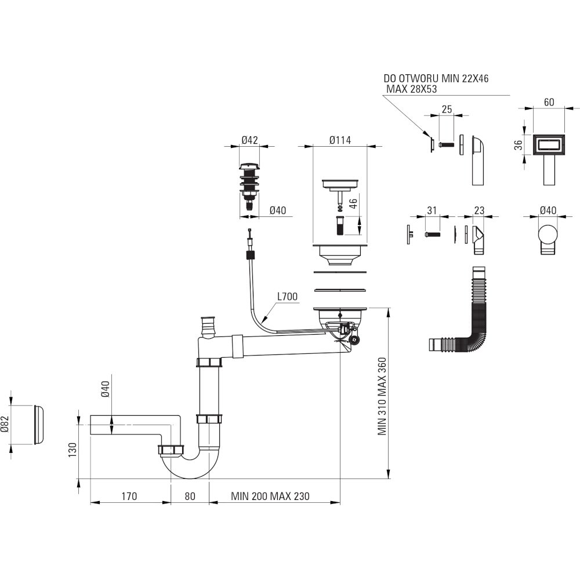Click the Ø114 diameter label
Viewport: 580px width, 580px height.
click(x=340, y=140)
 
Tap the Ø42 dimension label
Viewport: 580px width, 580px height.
click(x=249, y=140)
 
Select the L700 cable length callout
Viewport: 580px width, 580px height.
click(x=288, y=296)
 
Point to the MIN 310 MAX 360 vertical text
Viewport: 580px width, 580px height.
click(x=382, y=396)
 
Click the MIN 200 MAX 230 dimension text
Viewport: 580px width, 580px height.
click(x=270, y=496)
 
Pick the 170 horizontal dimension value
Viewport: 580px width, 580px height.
click(x=129, y=496)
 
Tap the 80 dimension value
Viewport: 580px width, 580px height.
click(x=190, y=496)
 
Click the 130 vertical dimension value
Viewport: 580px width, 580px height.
click(x=72, y=450)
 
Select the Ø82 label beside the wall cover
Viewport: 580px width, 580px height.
click(x=5, y=425)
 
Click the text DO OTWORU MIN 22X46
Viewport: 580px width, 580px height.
click(x=436, y=78)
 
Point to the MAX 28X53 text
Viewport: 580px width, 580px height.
click(x=411, y=89)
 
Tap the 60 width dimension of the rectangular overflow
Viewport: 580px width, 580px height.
click(x=549, y=102)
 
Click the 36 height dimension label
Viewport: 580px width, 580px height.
click(x=520, y=144)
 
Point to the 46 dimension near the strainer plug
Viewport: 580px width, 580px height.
click(x=353, y=204)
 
